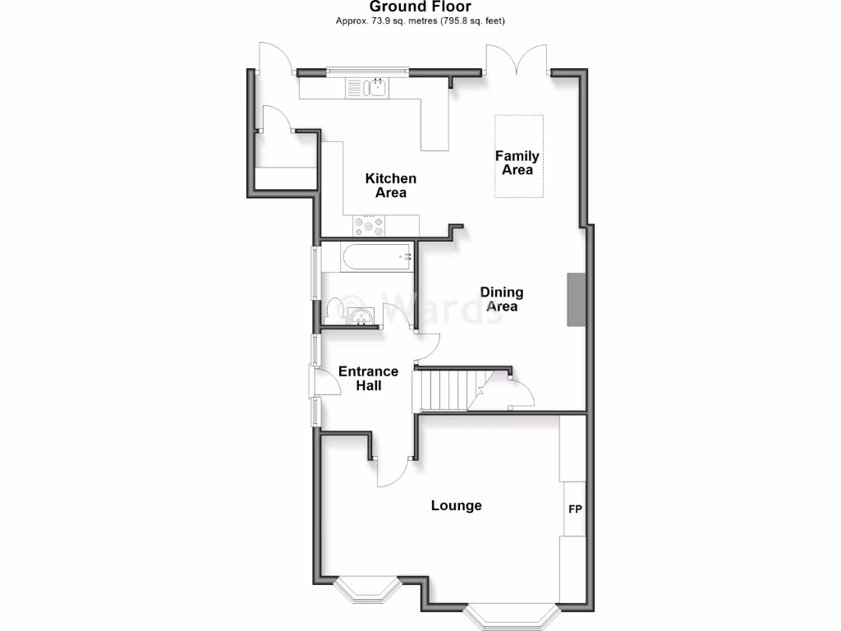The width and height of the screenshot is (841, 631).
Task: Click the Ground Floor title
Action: [x=420, y=7]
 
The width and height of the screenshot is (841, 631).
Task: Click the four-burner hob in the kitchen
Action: [x=369, y=225]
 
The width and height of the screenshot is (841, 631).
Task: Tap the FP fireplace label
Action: [x=575, y=509]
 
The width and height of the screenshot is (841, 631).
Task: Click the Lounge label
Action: [x=456, y=505]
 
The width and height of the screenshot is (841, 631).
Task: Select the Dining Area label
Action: [x=502, y=299]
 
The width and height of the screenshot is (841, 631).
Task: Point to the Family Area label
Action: [x=517, y=163]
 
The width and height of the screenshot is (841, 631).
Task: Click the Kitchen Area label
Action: [x=391, y=185]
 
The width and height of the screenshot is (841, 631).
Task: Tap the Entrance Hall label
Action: [x=368, y=378]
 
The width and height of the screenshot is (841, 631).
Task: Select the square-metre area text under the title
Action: [x=420, y=21]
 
